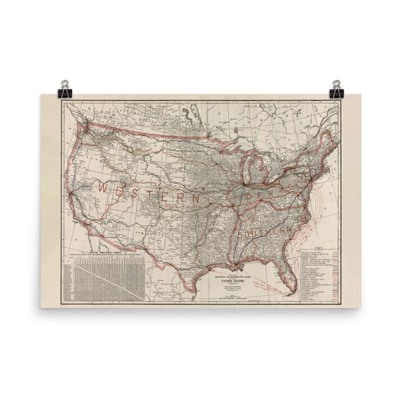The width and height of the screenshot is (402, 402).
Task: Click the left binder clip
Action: point(66,89)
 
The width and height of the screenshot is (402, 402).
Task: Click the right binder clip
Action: point(336,89)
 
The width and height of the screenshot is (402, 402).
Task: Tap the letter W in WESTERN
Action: point(102,189)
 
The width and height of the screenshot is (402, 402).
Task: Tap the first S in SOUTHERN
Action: point(242,233)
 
